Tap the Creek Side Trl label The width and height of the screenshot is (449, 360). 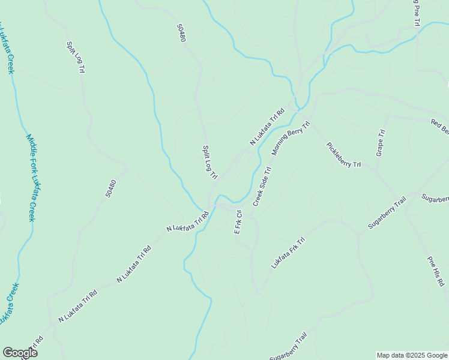click(262, 186)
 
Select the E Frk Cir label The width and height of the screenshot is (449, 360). click(238, 222)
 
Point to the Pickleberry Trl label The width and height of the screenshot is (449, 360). click(343, 155)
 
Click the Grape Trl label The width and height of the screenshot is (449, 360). click(380, 143)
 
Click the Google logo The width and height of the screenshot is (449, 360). click(20, 353)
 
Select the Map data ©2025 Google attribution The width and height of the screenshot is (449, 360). click(412, 355)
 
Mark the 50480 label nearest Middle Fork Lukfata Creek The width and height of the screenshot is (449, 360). click(109, 190)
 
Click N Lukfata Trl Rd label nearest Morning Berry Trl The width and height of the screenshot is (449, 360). click(267, 127)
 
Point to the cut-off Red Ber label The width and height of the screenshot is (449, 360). click(439, 127)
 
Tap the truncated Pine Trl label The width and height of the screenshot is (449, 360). click(415, 12)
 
